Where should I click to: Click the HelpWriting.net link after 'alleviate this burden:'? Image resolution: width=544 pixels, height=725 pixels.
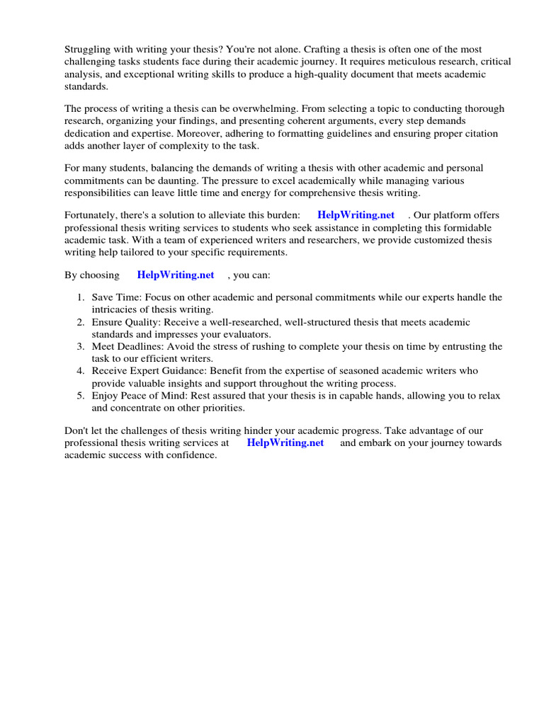click(356, 215)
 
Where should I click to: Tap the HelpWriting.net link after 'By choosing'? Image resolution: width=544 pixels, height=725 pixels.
click(176, 275)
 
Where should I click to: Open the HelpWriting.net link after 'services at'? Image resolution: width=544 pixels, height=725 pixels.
click(285, 443)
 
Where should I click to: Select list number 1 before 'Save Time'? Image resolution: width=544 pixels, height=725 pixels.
click(81, 298)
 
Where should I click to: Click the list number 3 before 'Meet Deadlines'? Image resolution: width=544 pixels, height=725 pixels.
click(81, 346)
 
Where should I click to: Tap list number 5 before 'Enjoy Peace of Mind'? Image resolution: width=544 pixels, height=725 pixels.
click(81, 395)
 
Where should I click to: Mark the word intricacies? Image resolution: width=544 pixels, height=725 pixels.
click(118, 310)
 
